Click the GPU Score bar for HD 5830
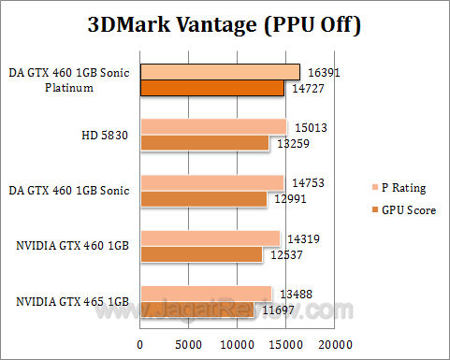click(x=205, y=143)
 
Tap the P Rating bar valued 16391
click(x=220, y=72)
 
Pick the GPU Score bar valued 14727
click(x=212, y=88)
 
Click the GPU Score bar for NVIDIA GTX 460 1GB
click(x=201, y=254)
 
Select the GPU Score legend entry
click(x=402, y=210)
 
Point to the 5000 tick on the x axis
click(x=189, y=345)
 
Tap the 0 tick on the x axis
click(x=140, y=345)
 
